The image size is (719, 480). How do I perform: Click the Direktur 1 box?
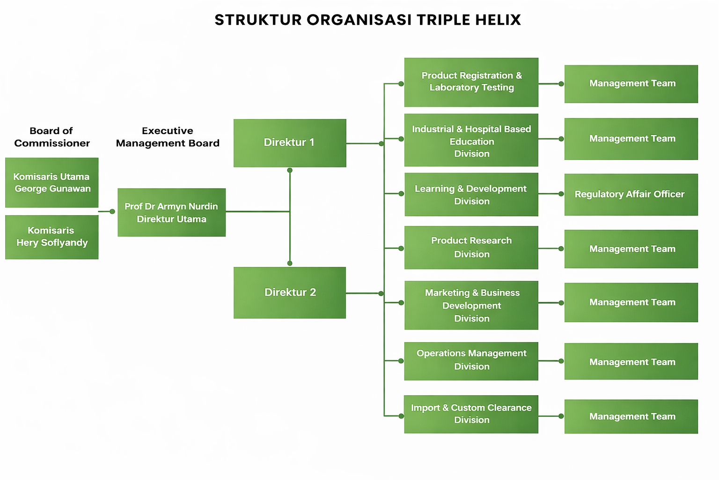coord(290,143)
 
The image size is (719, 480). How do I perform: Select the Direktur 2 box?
coord(290,292)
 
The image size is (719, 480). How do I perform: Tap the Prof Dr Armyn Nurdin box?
coord(171,212)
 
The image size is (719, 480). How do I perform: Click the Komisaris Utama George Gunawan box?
coord(52,182)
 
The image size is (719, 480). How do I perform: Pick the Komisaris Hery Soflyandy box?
coord(52,237)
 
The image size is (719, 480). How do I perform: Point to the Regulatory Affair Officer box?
coord(631,195)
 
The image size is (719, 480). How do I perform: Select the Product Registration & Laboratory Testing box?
coord(471,82)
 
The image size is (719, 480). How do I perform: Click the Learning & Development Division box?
coord(471,195)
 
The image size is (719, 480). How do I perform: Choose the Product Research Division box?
coord(471,247)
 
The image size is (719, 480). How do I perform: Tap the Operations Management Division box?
coord(471,360)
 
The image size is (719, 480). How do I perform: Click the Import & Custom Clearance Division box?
coord(471,414)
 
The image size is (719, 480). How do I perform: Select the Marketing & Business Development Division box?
coord(471,305)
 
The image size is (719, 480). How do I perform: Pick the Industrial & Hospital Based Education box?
coord(471,140)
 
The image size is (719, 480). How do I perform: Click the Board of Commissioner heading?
coord(52,137)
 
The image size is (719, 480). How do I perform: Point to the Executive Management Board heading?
coord(168,137)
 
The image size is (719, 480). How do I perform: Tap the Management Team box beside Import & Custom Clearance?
coord(631,416)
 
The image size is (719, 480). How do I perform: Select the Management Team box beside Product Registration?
coord(631,84)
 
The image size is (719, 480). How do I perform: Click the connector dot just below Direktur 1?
coord(290,170)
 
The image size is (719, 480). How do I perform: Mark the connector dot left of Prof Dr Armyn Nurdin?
coord(112,211)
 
